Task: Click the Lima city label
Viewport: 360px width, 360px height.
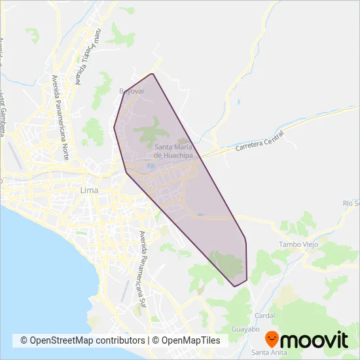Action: pos(88,190)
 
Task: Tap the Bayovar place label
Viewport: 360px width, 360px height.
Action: pos(131,91)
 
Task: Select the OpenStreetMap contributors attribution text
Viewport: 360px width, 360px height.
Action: pos(82,340)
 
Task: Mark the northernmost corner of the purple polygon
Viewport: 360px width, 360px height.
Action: pos(153,73)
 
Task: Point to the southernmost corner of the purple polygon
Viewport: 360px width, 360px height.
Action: pos(234,287)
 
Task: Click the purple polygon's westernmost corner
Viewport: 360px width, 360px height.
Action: pos(113,127)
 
